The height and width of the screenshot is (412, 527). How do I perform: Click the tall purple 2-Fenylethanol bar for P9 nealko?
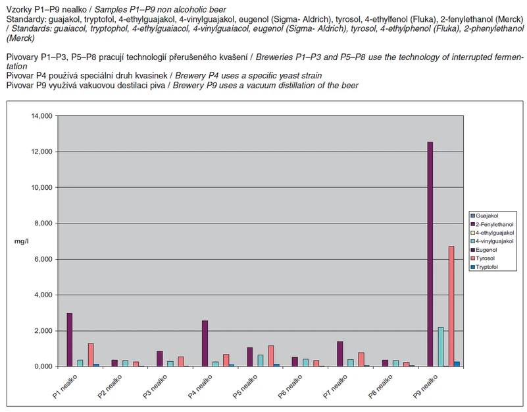point(430,254)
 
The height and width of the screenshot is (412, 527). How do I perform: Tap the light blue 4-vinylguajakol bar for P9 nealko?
point(441,347)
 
